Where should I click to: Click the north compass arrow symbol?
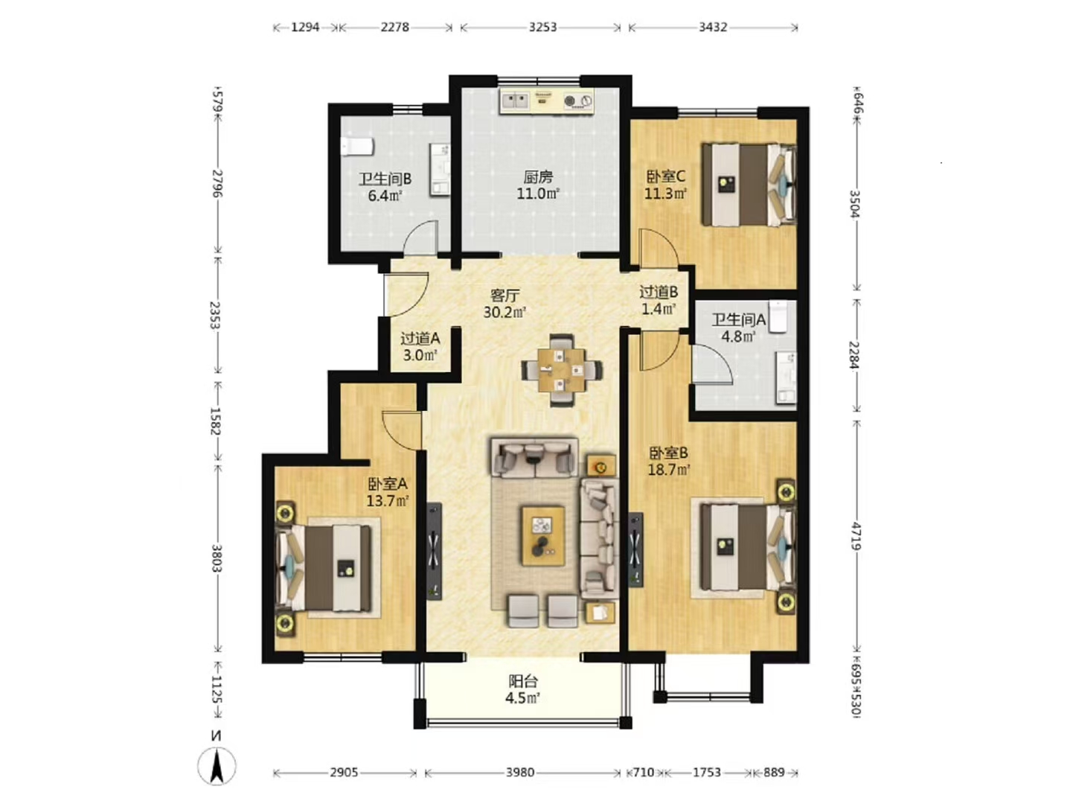(x=217, y=766)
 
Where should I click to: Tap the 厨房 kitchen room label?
(x=538, y=176)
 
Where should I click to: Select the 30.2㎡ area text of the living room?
(x=505, y=312)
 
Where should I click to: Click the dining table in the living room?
(x=562, y=370)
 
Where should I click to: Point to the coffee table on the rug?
(x=543, y=535)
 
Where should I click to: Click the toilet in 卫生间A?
(x=777, y=317)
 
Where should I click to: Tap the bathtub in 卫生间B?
(x=357, y=147)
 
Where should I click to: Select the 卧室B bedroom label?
(x=668, y=453)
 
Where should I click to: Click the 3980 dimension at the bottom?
(x=519, y=772)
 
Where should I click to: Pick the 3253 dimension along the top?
(x=542, y=27)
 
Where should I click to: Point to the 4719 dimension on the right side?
(x=856, y=536)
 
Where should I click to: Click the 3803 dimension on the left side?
(x=217, y=558)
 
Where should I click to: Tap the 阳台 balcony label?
(x=523, y=680)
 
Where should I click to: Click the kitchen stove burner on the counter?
(x=578, y=101)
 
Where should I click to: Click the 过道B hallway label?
(x=659, y=292)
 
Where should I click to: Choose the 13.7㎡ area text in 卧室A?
(x=388, y=501)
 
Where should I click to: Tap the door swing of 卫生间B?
(x=421, y=237)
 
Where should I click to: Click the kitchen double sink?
(x=515, y=101)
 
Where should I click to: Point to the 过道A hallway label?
(x=420, y=338)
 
